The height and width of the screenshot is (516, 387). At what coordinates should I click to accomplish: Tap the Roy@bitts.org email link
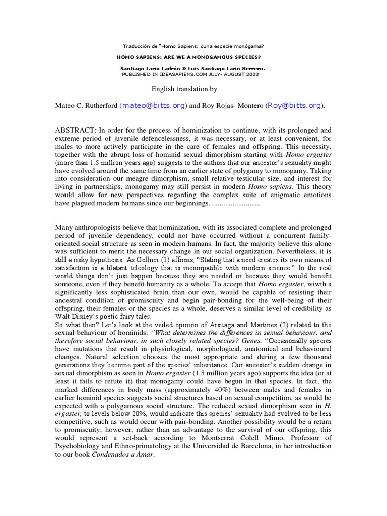tap(294, 106)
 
